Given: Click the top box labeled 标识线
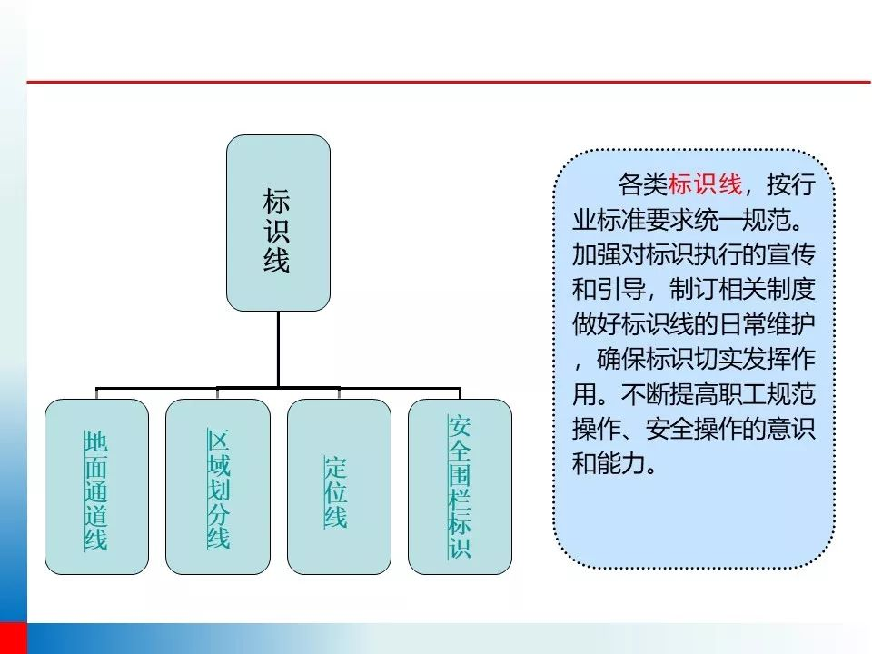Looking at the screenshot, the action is pos(278,223).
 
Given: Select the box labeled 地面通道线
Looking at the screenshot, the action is pos(97,487).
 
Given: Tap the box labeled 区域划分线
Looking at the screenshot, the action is pos(218,487).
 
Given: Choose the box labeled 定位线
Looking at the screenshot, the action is pos(339,487).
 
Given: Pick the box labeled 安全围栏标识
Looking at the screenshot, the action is pos(460,487).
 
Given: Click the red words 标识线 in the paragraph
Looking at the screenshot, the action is pos(705,184).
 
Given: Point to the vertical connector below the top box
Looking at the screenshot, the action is pos(278,349).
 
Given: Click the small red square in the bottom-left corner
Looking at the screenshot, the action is pos(14,639).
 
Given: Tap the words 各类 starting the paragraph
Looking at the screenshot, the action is pos(643,184).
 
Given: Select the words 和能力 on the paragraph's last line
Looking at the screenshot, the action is pos(609,463).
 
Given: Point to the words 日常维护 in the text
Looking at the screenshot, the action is pos(768,324).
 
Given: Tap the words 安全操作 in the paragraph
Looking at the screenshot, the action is pos(694,429).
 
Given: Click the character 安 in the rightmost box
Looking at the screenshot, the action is pos(460,427).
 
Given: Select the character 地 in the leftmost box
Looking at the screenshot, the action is pos(95,442).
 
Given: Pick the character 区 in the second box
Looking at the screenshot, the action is pos(218,440).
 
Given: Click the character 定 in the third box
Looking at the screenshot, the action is pos(336,468).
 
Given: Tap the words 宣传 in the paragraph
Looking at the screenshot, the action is pos(791,254).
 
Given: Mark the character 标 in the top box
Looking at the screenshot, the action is pos(276,202).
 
